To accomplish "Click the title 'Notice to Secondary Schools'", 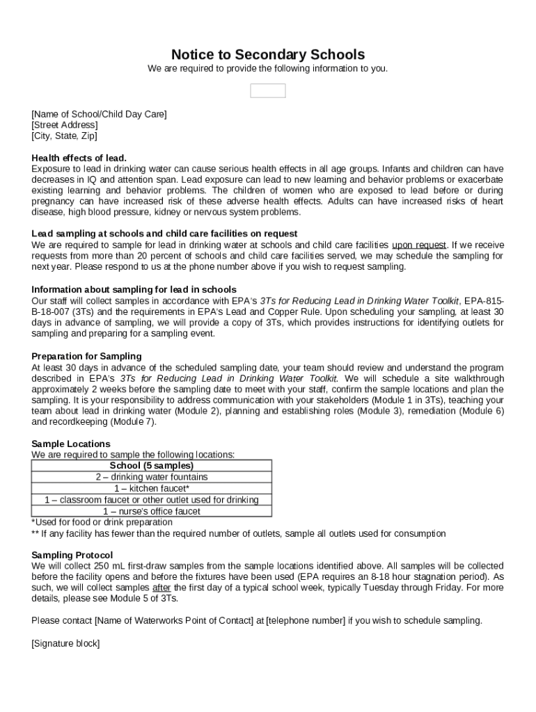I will [267, 54].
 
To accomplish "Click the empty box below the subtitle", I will [267, 91].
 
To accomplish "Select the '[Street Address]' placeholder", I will [65, 125].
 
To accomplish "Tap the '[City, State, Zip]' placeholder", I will [65, 136].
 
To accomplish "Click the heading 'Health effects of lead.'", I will [79, 158].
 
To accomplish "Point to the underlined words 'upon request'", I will [419, 245].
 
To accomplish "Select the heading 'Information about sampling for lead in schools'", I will [134, 289].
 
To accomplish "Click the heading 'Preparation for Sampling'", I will [86, 356].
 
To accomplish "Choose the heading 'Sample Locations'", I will [71, 444].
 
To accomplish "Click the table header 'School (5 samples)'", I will [152, 466].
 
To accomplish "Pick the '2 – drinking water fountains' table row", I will [152, 477].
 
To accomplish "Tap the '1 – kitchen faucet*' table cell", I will [152, 488].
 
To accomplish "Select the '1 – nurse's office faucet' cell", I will [152, 511].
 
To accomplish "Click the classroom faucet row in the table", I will [152, 500].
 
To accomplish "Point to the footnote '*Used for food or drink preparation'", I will [102, 522].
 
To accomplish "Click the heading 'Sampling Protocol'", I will [72, 555].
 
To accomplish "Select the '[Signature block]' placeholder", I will [65, 643].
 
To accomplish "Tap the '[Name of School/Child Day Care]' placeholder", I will [100, 114].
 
